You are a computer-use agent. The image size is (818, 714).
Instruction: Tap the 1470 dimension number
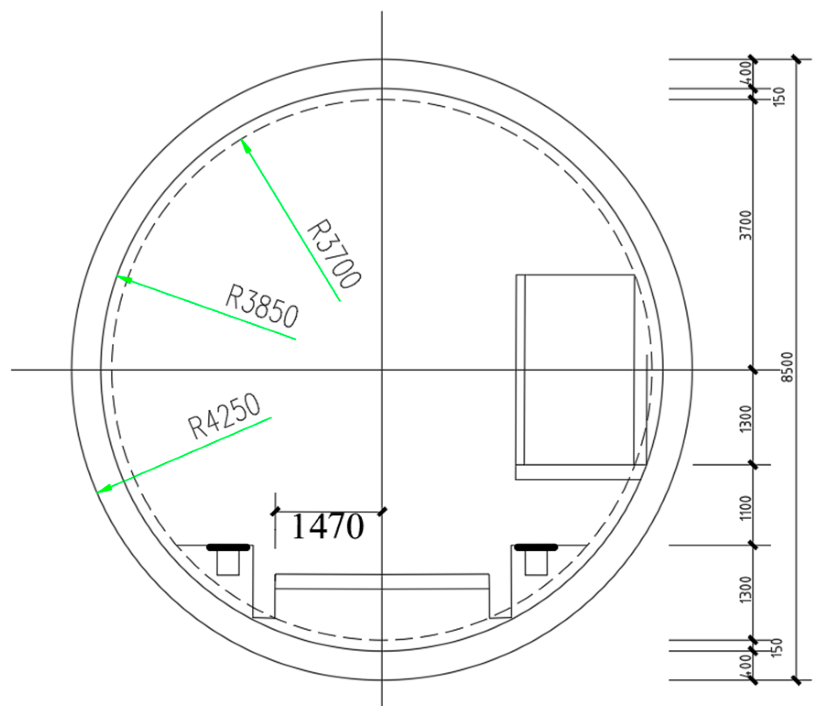[327, 526]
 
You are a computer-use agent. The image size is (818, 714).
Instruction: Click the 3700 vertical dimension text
[747, 225]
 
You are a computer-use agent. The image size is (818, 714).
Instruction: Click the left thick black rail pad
[228, 546]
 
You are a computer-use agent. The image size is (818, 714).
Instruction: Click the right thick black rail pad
[536, 546]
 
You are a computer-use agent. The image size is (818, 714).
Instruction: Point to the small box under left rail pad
[228, 563]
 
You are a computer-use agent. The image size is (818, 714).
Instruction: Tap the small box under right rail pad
[536, 563]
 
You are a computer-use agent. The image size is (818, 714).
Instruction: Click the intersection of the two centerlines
[382, 369]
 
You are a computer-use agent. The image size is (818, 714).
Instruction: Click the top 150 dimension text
[780, 95]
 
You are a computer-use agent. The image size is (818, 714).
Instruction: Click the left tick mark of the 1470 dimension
[275, 511]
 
